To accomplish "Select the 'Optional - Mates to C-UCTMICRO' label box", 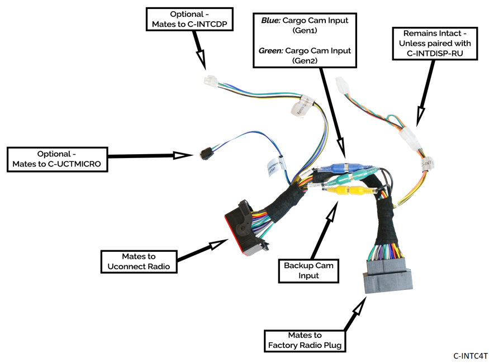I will pos(57,159).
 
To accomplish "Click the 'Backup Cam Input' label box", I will pos(308,270).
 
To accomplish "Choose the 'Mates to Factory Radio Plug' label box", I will pos(305,340).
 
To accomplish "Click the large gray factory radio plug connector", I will pos(388,276).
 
